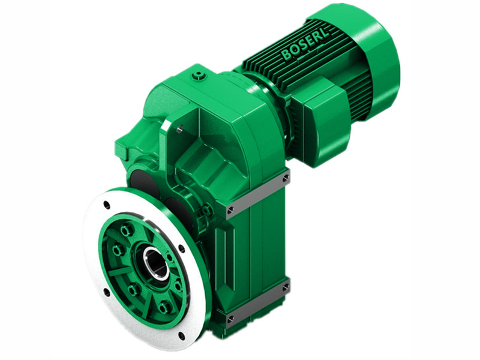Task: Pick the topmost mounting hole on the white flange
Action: tap(106, 205)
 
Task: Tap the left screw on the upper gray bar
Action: tap(231, 209)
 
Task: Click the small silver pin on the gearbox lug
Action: tap(179, 128)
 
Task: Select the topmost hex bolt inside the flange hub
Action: tap(126, 230)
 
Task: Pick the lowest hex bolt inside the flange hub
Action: tap(164, 308)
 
